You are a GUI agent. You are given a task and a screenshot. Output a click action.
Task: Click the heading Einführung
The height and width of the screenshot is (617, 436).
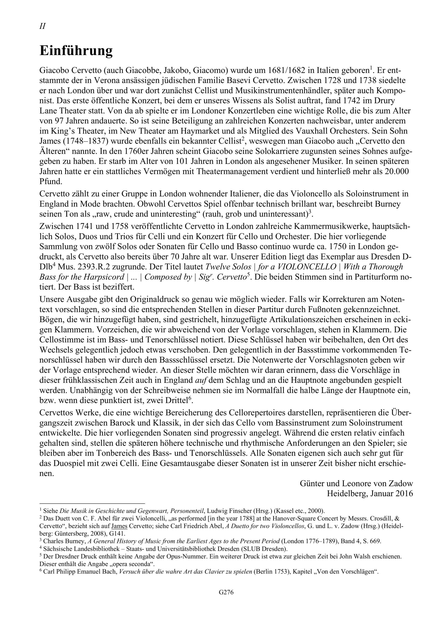76,51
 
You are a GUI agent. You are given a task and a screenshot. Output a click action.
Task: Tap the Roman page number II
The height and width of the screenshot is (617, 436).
42,26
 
